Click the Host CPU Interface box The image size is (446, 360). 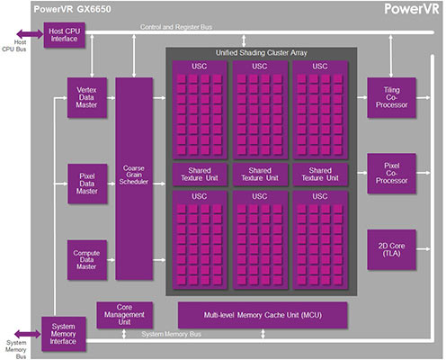pos(67,35)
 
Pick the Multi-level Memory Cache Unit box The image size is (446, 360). pos(264,314)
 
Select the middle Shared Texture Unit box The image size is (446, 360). pos(263,174)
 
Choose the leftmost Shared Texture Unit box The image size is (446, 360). pos(201,174)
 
